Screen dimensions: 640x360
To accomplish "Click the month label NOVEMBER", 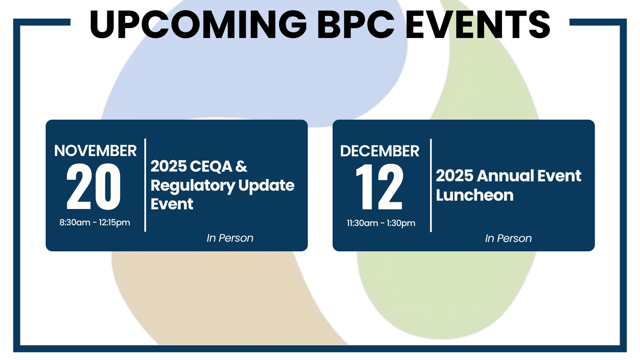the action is coord(95,151).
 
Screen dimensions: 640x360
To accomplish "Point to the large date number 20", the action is coord(94,187).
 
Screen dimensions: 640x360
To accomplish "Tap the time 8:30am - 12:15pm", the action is coord(95,222).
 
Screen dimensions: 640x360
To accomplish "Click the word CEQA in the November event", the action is coord(212,166).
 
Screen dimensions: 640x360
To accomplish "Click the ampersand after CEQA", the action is coord(241,166).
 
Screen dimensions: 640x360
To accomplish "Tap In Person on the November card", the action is coord(230,238).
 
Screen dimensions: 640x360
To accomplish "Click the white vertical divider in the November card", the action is coord(145,185).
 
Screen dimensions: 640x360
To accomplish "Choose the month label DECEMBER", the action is coord(380,151).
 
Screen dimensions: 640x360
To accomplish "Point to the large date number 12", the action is coord(380,187).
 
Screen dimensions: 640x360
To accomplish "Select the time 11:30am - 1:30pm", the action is coord(381,223).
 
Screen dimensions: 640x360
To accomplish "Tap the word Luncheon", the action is coord(475,195).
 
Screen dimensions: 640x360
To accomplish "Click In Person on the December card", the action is coord(508,238).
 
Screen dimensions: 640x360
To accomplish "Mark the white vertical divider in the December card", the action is coord(431,185).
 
